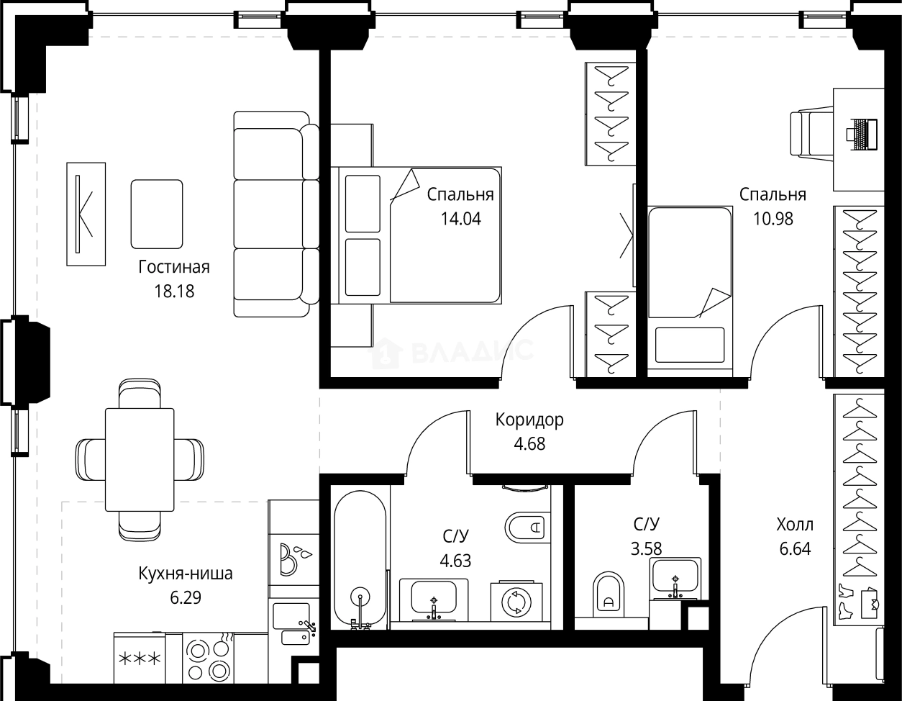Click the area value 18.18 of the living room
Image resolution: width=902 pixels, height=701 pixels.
[x=174, y=291]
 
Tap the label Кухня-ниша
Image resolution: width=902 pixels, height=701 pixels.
[x=185, y=574]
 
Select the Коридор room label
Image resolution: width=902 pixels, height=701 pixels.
[x=529, y=420]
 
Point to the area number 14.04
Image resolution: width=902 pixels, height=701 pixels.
[x=461, y=219]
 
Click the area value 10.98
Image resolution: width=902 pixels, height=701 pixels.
[x=773, y=219]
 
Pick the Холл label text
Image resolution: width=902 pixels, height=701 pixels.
[x=795, y=525]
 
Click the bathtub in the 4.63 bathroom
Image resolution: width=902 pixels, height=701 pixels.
[x=360, y=559]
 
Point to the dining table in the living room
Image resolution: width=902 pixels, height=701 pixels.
[x=140, y=459]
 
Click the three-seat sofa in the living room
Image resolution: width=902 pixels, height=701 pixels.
[x=276, y=214]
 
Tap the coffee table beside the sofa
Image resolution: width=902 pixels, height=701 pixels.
[x=157, y=214]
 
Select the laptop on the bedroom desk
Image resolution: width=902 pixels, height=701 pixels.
[x=862, y=135]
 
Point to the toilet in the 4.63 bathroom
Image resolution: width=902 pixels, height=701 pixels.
[x=527, y=528]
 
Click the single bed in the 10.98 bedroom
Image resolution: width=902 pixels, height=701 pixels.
[x=690, y=286]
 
